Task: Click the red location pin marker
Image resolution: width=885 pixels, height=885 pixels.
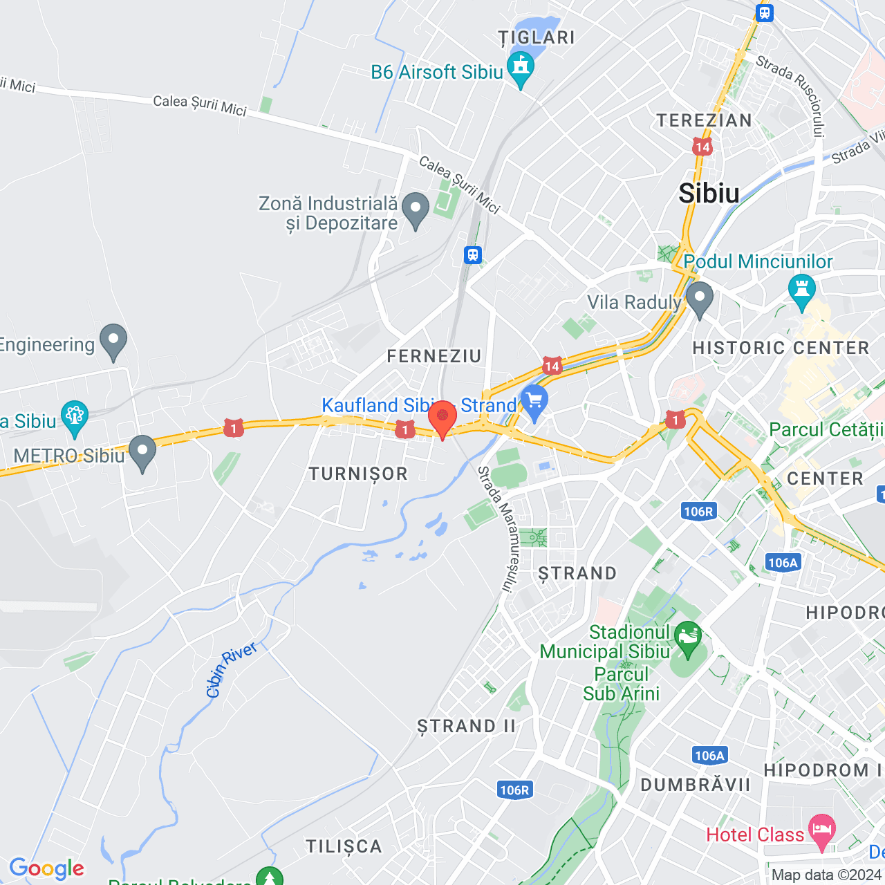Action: coord(442,418)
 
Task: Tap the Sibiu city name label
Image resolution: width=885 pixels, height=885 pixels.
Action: coord(709,194)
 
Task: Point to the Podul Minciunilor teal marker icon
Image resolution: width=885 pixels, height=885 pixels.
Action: coord(802,290)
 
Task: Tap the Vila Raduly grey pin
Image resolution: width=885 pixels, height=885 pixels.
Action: coord(699,298)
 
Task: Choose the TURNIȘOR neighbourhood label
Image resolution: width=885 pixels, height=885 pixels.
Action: coord(358,474)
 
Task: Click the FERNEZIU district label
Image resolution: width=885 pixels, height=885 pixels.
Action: coord(434,357)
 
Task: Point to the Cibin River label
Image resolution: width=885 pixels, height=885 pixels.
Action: coord(232,669)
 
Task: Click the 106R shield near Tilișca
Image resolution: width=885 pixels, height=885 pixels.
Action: coord(514,790)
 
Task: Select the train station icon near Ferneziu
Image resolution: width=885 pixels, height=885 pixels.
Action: coord(472,255)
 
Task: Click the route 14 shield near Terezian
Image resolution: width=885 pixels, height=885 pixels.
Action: coord(702,147)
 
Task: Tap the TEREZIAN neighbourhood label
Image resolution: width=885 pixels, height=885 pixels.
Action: coord(704,121)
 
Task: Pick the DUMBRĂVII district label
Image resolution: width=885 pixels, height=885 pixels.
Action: coord(695,785)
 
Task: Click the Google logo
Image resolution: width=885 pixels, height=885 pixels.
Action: coord(46,868)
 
